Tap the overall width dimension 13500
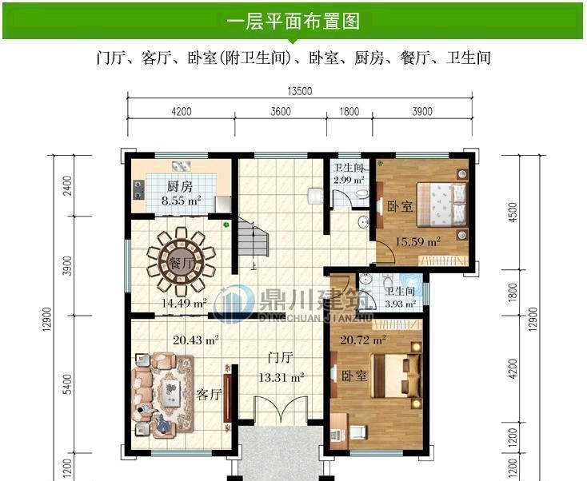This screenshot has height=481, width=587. (x=301, y=91)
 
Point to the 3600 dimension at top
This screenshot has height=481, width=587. (x=281, y=113)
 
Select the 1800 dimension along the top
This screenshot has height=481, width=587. (x=349, y=113)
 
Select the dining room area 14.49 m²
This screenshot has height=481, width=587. (x=184, y=303)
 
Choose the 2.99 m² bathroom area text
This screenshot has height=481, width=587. (x=349, y=180)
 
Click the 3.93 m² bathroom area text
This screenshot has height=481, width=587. (x=401, y=303)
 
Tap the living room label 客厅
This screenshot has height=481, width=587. (x=209, y=395)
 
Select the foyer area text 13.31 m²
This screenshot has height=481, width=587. (x=281, y=378)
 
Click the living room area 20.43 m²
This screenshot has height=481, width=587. (x=196, y=340)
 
